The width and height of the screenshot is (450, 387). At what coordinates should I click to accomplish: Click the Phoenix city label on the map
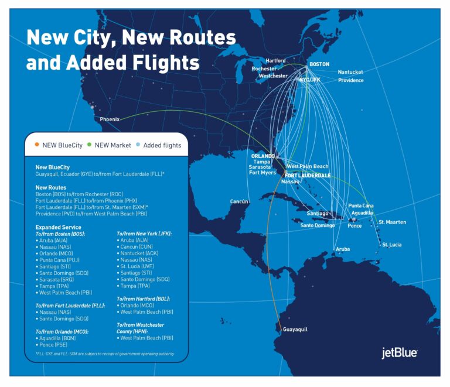(x=110, y=119)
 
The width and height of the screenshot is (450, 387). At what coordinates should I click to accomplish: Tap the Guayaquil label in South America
(x=295, y=330)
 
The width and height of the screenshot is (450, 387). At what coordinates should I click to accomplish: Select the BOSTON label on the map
(x=319, y=64)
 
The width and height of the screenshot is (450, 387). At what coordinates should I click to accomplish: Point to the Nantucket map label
(x=350, y=72)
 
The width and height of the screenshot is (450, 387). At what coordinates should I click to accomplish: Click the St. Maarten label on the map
(x=392, y=222)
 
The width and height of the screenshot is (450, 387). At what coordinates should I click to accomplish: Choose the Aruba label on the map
(x=343, y=249)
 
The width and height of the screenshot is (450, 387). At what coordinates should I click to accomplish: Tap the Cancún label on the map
(x=239, y=201)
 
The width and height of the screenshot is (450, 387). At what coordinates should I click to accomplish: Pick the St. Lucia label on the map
(x=392, y=245)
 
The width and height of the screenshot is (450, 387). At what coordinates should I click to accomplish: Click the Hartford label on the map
(x=275, y=60)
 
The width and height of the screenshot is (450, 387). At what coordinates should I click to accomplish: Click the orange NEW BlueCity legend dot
(x=37, y=145)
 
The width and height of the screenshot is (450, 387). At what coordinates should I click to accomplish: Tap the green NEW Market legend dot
(x=89, y=145)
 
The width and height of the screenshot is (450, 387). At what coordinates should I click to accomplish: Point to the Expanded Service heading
(x=58, y=227)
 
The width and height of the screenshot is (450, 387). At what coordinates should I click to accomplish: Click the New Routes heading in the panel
(x=52, y=187)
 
